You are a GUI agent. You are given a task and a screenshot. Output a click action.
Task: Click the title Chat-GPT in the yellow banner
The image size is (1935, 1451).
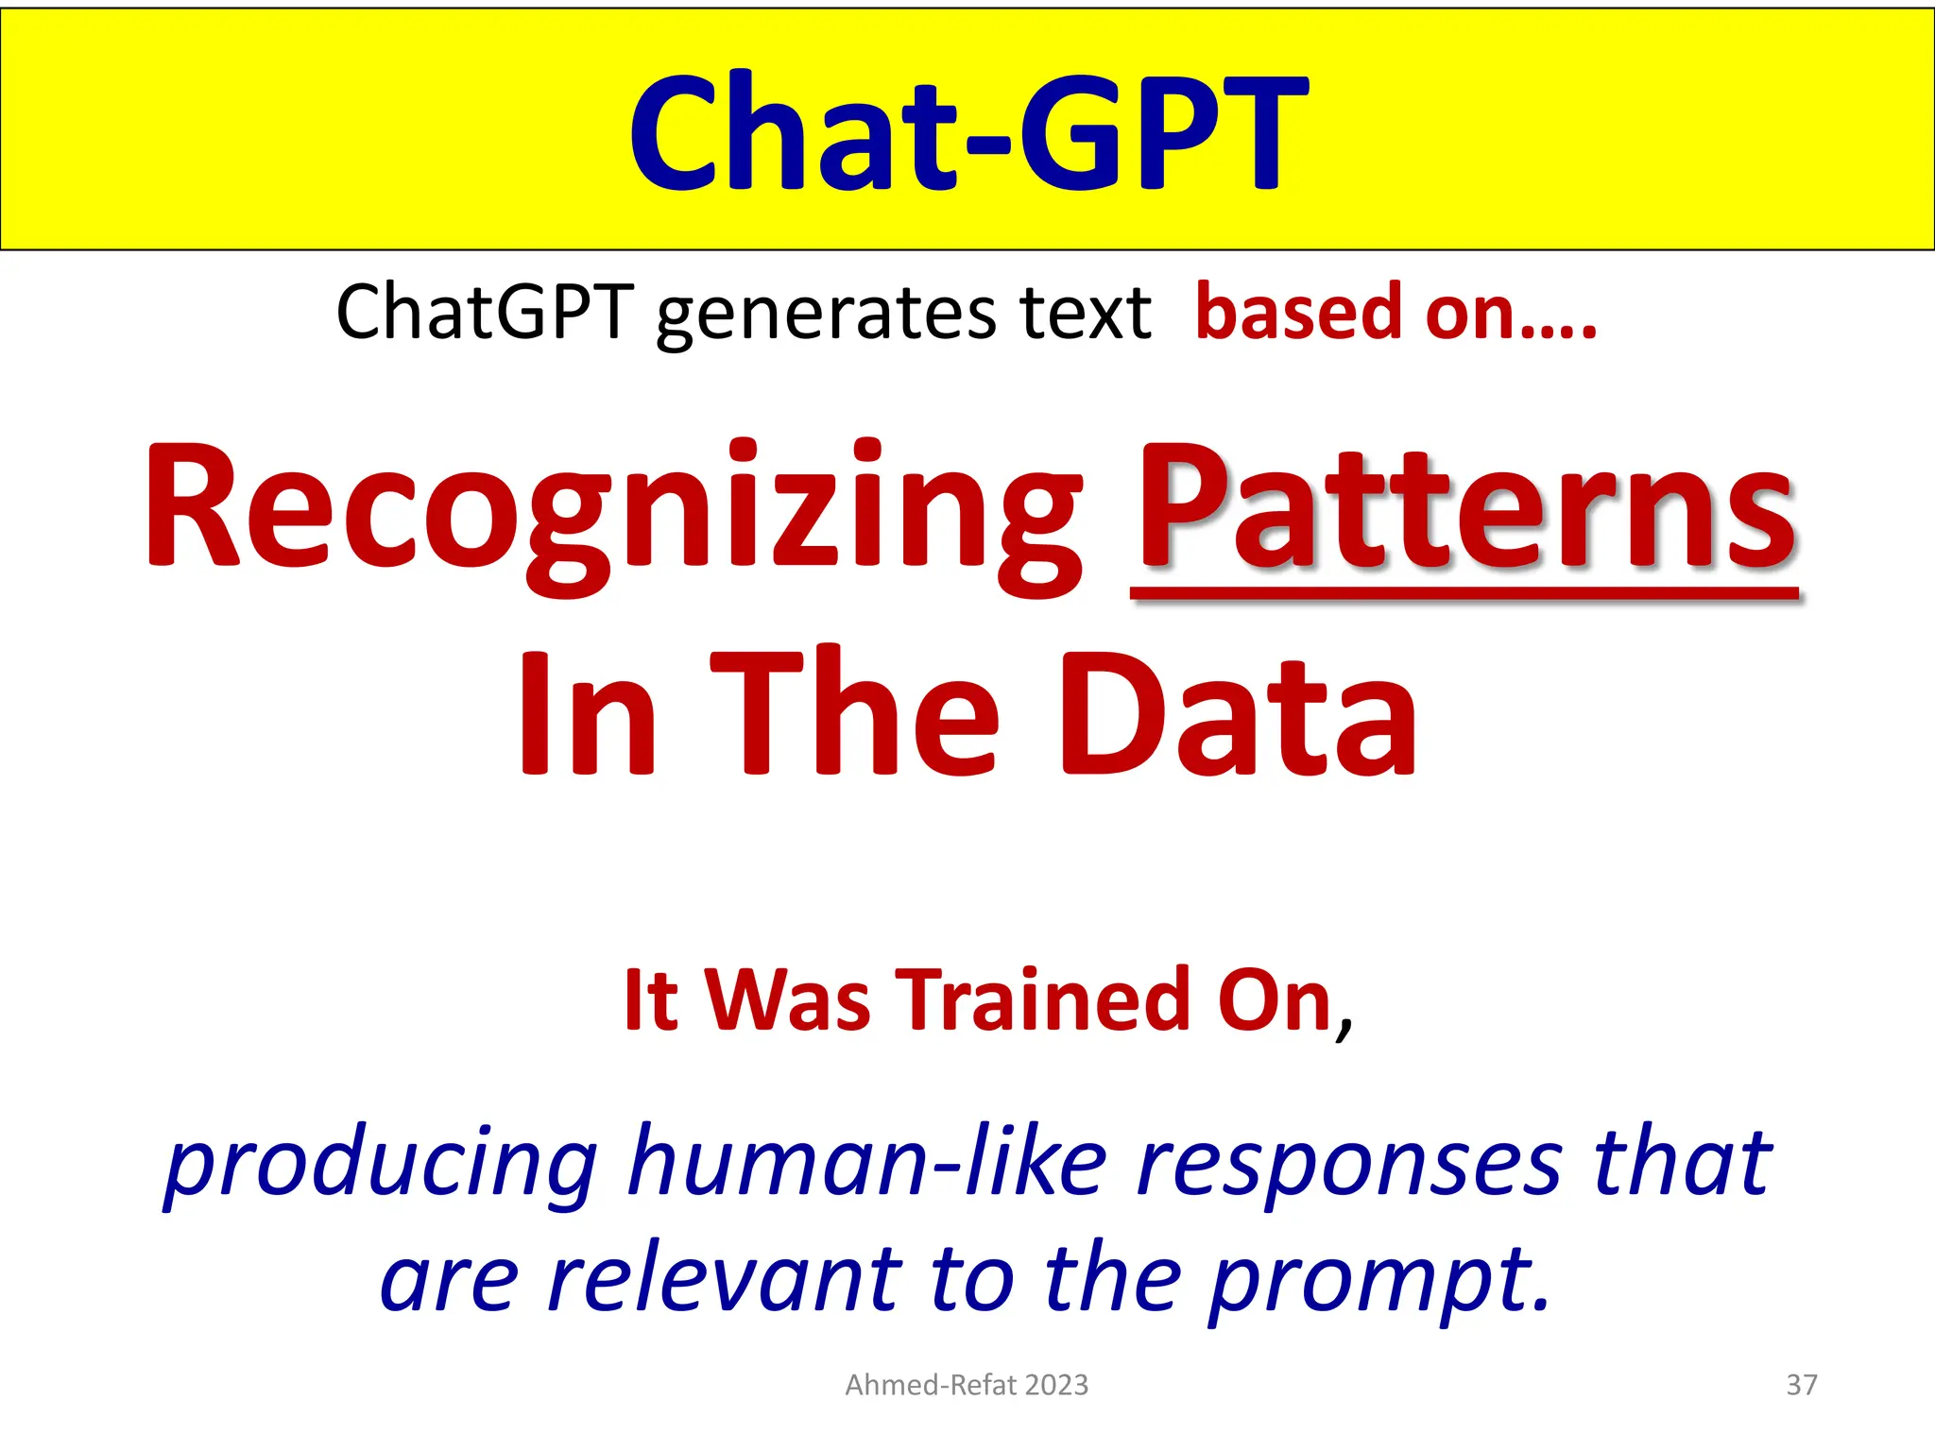(x=967, y=132)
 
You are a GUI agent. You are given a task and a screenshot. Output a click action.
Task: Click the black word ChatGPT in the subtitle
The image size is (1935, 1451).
(x=484, y=312)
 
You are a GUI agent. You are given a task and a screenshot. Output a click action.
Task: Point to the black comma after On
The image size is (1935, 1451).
(x=1344, y=1025)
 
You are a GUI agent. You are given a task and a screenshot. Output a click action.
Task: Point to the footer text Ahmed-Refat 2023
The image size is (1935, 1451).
(x=967, y=1385)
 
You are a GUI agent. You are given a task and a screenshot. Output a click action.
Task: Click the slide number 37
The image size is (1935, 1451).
(x=1802, y=1385)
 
